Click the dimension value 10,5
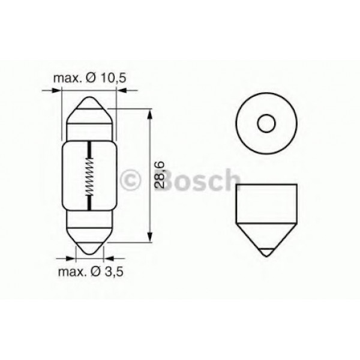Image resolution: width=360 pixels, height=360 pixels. pyautogui.click(x=113, y=78)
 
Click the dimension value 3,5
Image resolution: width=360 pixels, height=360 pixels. pyautogui.click(x=114, y=272)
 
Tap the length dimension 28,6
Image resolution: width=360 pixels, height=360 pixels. pyautogui.click(x=160, y=175)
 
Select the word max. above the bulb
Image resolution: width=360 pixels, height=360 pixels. pyautogui.click(x=67, y=79)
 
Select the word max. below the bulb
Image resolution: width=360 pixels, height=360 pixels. pyautogui.click(x=72, y=272)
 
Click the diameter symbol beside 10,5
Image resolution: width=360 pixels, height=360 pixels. pyautogui.click(x=91, y=78)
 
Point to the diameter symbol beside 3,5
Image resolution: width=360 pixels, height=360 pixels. pyautogui.click(x=96, y=272)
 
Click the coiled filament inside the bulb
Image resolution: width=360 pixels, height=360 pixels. pyautogui.click(x=89, y=176)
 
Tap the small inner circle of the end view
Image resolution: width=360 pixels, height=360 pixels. pyautogui.click(x=266, y=123)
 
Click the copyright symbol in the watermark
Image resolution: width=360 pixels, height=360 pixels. pyautogui.click(x=130, y=179)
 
